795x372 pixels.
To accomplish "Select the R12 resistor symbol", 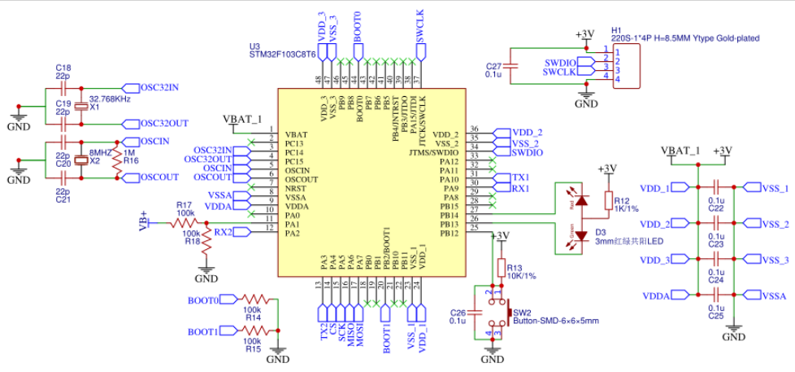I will [608, 200].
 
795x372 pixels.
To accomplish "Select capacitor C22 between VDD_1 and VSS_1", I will [716, 188].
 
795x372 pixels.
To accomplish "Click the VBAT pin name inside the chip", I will [296, 134].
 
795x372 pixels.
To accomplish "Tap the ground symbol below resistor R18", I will [208, 269].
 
